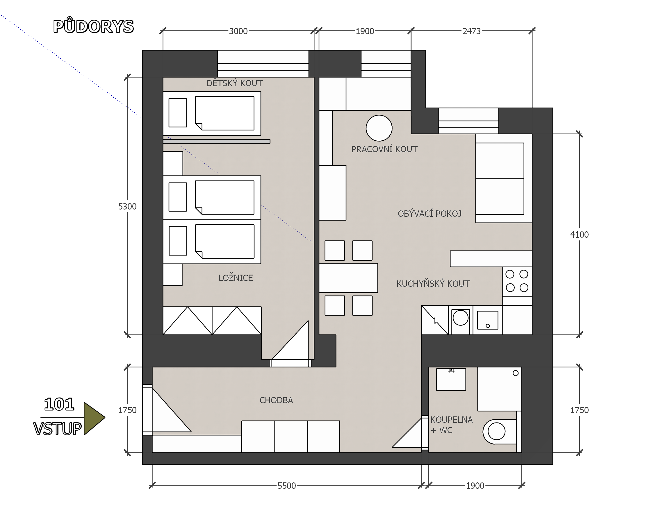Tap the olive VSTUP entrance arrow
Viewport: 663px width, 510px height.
(x=94, y=418)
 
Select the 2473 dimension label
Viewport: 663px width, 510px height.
(x=471, y=31)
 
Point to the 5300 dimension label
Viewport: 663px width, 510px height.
(x=127, y=207)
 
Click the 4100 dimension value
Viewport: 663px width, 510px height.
(x=579, y=235)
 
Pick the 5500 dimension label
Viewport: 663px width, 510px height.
(x=286, y=486)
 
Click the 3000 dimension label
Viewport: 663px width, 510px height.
(x=238, y=31)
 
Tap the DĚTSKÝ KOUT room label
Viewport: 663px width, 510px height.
(x=234, y=83)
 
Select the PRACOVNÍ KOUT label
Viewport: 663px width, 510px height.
(x=384, y=149)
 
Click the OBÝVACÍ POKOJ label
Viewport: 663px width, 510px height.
(x=429, y=214)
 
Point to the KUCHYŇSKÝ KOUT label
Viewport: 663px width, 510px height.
(x=433, y=283)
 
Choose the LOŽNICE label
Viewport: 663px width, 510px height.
(x=236, y=278)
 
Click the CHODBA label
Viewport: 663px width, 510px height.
(x=276, y=400)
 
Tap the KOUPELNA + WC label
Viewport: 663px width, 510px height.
(x=451, y=425)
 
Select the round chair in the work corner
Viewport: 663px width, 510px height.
(x=379, y=128)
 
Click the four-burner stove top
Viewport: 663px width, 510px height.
(x=517, y=281)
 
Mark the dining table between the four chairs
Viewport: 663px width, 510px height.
(x=348, y=278)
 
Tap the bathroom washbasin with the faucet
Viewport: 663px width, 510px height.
(x=451, y=380)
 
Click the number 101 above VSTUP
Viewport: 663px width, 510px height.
(x=59, y=404)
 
